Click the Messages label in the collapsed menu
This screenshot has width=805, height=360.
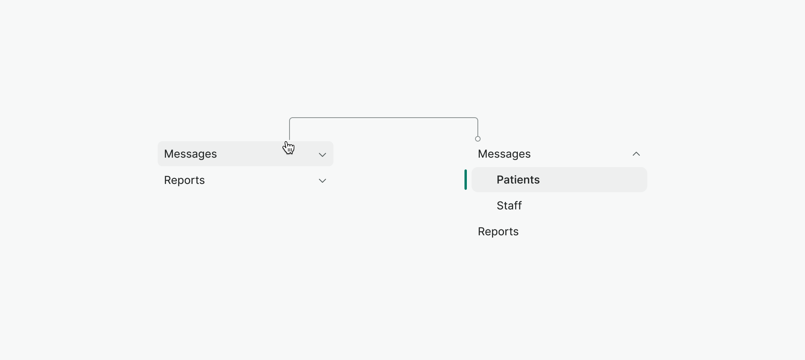tap(190, 154)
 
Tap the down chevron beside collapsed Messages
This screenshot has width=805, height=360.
tap(322, 155)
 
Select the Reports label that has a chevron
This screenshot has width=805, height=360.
tap(184, 180)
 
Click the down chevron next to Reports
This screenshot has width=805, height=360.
tap(322, 181)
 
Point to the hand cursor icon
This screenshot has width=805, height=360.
tap(289, 148)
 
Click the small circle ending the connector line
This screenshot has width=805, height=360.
tap(478, 139)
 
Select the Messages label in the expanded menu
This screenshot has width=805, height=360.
tap(504, 154)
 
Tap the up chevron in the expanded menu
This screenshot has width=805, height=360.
tap(636, 154)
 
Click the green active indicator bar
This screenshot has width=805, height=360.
tap(466, 180)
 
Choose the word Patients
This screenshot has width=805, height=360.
tap(518, 180)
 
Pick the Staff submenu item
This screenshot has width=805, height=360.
tap(509, 206)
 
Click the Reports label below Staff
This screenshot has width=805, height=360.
tap(498, 232)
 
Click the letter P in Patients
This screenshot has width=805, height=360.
tap(500, 180)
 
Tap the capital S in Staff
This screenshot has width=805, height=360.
tap(500, 206)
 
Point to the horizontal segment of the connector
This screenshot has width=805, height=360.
tap(384, 118)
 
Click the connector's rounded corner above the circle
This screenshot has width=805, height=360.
tap(477, 118)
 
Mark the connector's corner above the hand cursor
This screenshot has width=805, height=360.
tap(291, 118)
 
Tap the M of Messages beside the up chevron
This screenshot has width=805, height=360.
tap(483, 154)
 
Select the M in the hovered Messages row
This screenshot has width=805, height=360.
tap(169, 154)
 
